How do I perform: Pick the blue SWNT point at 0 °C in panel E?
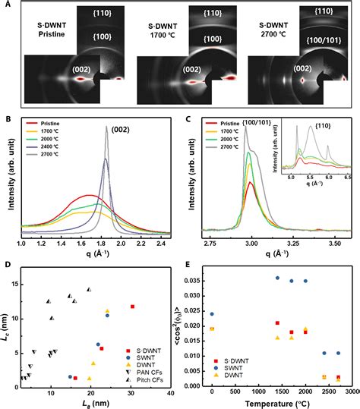212,313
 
